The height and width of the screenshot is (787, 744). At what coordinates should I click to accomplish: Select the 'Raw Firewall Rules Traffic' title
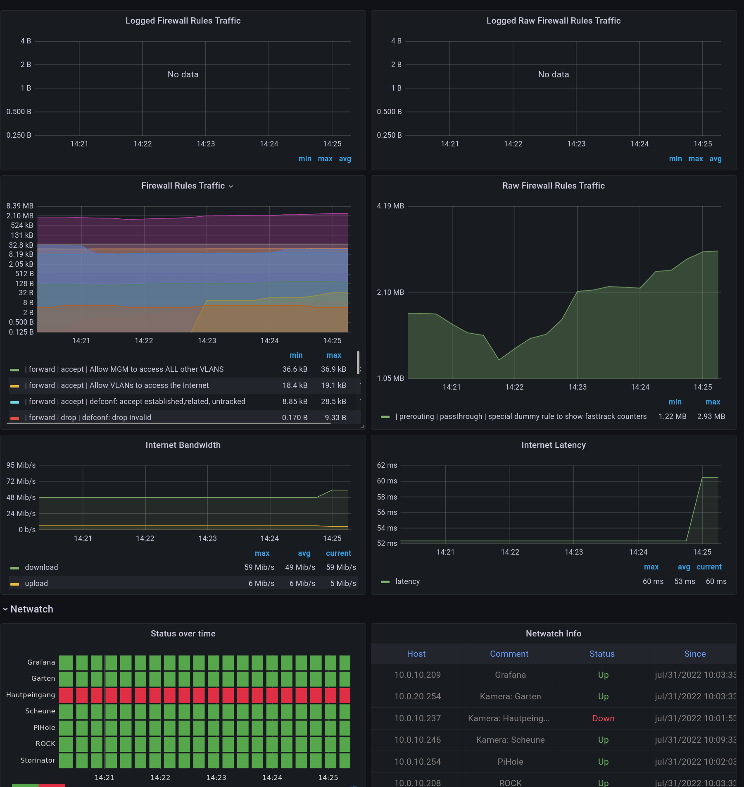click(x=553, y=186)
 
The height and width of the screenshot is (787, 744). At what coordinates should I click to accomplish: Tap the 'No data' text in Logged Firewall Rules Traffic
click(x=183, y=74)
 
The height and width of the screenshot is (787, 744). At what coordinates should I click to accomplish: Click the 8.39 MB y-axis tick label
click(x=20, y=206)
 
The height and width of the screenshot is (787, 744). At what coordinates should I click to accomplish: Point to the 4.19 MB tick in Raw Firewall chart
click(x=390, y=206)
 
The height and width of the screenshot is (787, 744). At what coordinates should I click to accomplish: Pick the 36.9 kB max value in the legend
click(x=333, y=369)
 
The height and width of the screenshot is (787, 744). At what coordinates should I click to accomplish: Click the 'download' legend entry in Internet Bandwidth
click(x=41, y=567)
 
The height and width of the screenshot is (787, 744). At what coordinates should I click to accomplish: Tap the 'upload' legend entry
click(x=36, y=584)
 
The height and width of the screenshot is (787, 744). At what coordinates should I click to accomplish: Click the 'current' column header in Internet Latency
click(x=709, y=567)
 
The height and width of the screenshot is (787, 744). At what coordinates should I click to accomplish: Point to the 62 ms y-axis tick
click(x=387, y=465)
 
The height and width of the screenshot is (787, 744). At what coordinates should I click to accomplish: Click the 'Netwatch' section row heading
click(x=32, y=609)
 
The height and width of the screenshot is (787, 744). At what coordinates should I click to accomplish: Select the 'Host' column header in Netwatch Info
click(x=416, y=654)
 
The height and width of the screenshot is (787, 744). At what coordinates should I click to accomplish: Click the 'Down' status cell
click(x=603, y=718)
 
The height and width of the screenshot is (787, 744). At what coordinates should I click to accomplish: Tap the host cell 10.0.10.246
click(x=417, y=740)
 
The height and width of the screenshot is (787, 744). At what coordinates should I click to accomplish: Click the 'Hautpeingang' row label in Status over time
click(x=31, y=695)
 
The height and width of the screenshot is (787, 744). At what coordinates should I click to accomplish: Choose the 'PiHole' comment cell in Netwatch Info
click(x=510, y=762)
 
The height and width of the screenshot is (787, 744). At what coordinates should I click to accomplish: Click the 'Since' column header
click(x=694, y=654)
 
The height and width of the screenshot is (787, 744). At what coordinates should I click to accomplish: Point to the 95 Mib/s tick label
click(x=21, y=465)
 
